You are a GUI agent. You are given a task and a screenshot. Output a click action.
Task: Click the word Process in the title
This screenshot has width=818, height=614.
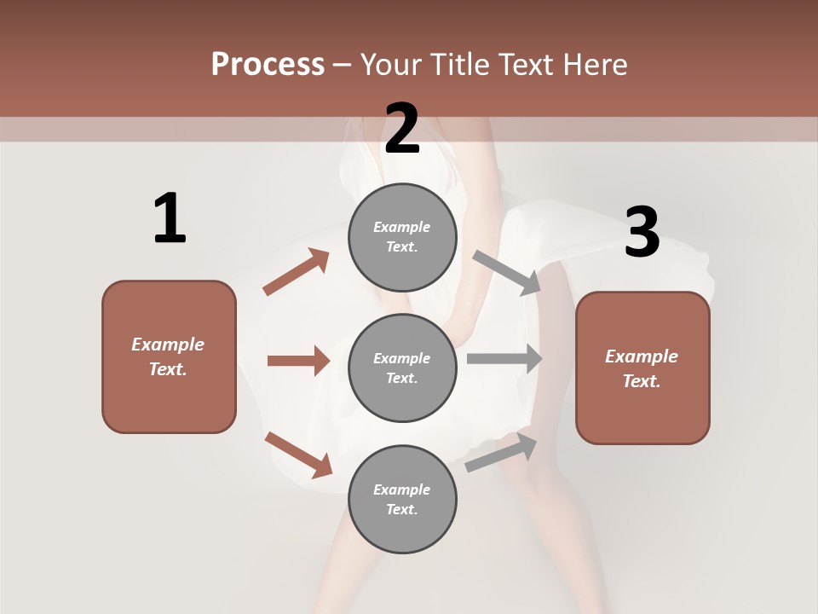(x=268, y=65)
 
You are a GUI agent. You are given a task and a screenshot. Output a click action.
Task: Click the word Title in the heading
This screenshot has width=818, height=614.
(x=459, y=65)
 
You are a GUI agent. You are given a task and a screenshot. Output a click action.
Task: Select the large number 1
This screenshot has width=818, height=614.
(x=170, y=218)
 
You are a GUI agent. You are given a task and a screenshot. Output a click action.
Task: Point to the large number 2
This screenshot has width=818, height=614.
(x=402, y=130)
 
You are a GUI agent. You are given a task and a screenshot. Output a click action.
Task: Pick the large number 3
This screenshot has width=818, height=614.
(x=642, y=233)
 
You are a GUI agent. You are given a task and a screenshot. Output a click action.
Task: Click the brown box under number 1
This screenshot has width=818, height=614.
(x=169, y=356)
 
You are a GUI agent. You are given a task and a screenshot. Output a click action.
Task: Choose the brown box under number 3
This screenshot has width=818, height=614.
(x=642, y=368)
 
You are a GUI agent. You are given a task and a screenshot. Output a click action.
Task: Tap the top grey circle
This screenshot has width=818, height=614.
(x=402, y=237)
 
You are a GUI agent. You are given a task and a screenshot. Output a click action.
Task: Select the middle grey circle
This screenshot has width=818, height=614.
(x=402, y=368)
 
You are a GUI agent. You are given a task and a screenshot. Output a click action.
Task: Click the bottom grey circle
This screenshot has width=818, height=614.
(x=402, y=499)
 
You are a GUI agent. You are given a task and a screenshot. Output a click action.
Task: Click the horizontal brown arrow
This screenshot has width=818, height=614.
(x=298, y=361)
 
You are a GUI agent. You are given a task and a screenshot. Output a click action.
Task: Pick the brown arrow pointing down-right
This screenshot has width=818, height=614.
(x=298, y=455)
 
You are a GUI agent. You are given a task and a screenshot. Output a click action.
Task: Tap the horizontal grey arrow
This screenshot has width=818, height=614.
(x=504, y=358)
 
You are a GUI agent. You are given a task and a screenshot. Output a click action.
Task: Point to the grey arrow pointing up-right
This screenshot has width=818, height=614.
(x=501, y=452)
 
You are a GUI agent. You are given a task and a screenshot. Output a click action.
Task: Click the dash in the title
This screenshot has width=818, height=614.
(x=342, y=65)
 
